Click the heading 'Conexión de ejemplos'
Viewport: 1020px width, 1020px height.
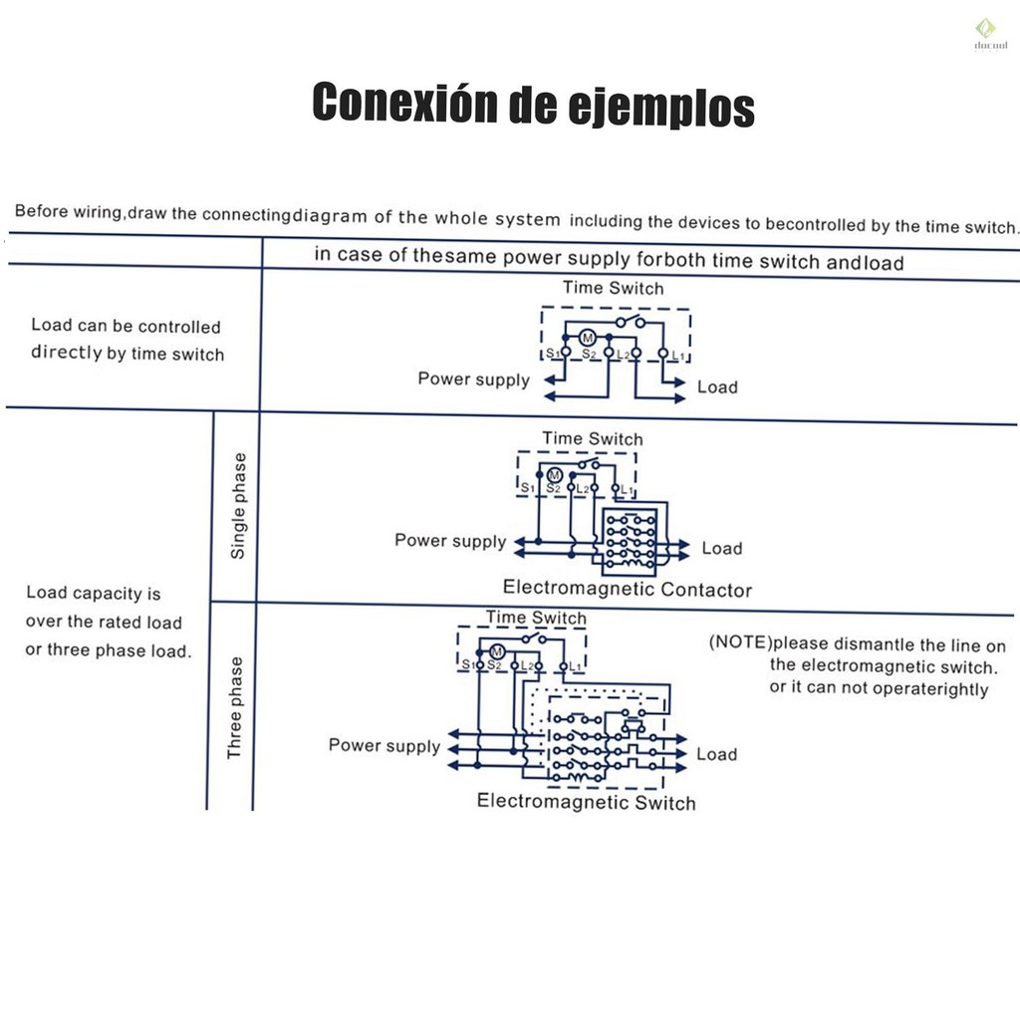534,104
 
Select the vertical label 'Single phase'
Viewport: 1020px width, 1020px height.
239,505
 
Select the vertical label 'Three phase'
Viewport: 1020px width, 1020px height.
235,708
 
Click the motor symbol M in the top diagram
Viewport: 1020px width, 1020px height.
588,338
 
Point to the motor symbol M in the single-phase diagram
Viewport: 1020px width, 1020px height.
554,475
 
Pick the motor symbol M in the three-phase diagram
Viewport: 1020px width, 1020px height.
497,651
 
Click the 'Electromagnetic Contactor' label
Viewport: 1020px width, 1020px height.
628,589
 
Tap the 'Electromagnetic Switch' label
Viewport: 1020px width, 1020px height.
586,802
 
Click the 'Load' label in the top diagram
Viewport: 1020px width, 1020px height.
717,387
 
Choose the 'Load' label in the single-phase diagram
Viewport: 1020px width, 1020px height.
722,549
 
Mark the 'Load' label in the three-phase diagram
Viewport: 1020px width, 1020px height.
717,754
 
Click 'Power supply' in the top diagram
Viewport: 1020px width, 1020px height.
473,380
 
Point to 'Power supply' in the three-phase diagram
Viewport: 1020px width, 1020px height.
384,745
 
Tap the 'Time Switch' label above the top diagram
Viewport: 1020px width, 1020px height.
614,288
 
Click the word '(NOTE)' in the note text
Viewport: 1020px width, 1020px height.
740,642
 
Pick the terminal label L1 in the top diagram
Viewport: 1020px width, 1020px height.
677,356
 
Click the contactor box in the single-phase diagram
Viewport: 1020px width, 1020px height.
630,542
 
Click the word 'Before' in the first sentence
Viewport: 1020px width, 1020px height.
42,211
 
